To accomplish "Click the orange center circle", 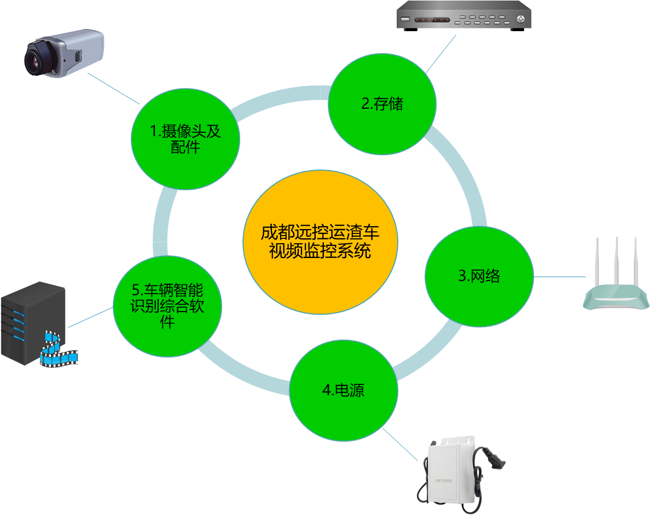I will (x=320, y=242).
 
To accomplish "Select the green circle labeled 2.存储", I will (x=382, y=104).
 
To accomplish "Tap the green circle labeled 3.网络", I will (x=479, y=276).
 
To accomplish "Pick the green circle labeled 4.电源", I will (x=343, y=390).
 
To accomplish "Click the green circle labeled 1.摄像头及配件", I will (x=185, y=139).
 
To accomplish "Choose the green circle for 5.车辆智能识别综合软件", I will (x=167, y=306).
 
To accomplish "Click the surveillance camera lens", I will (x=35, y=60).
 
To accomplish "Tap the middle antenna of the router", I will (x=617, y=262).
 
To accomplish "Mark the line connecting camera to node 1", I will (x=113, y=89).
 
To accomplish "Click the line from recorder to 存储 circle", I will (x=440, y=53).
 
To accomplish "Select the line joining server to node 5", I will (x=90, y=317).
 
